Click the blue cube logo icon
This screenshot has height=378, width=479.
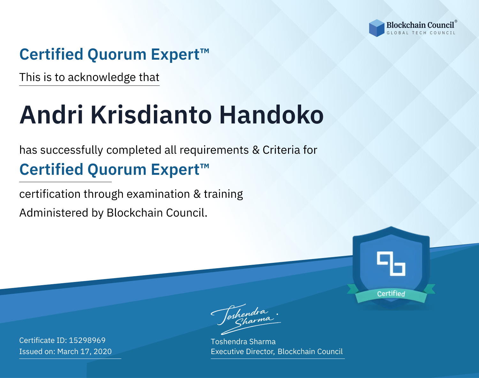coord(376,28)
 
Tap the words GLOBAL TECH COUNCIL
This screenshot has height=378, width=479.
coord(421,33)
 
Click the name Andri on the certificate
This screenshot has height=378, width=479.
coord(51,115)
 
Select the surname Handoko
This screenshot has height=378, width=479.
coord(271,115)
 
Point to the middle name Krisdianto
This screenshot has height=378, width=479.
coord(151,115)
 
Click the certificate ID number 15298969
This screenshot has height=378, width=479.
coord(87,340)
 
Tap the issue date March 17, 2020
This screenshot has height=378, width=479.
coord(84,352)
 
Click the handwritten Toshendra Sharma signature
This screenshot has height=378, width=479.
coord(246,319)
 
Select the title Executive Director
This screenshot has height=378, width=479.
coord(243,352)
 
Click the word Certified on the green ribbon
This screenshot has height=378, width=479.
coord(391,294)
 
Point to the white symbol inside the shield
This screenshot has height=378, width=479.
coord(391,264)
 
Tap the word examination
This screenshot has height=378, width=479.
coord(158,194)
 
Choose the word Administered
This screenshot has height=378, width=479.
coord(54,213)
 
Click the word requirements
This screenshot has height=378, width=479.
coord(214,150)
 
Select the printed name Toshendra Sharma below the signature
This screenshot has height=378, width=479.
coord(243,342)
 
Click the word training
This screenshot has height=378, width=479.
coord(223,194)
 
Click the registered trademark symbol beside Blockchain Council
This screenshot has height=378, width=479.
coord(456,21)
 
